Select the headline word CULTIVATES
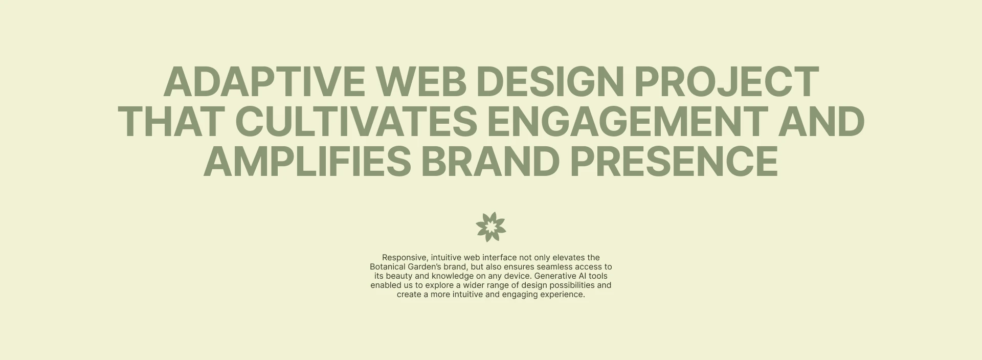356,122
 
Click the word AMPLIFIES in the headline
307,162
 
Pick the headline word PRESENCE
674,162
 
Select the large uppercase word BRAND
490,162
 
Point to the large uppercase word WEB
421,82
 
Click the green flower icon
491,227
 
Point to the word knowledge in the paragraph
453,276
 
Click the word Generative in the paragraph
553,276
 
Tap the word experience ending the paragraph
563,295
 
